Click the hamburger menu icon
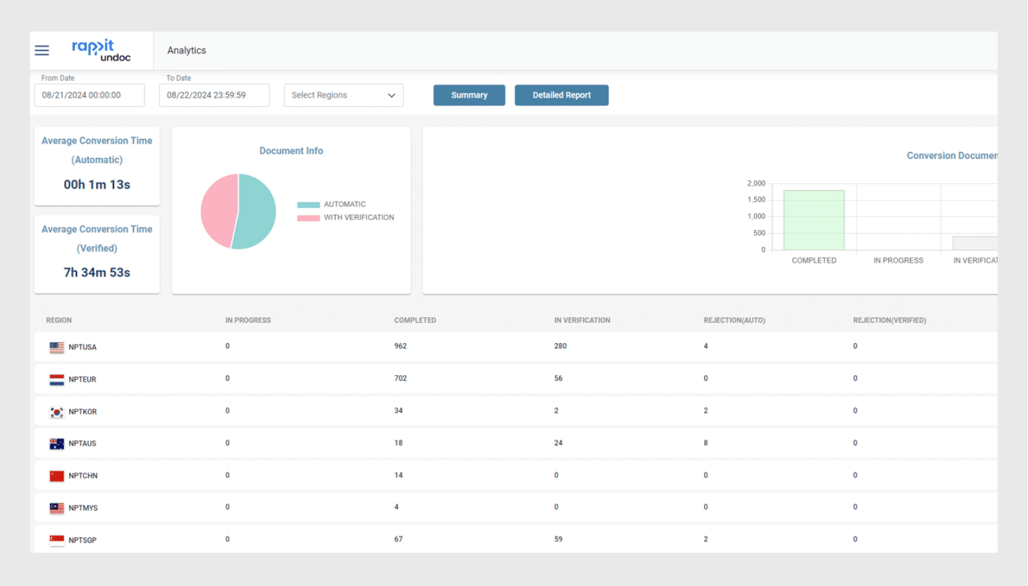point(42,51)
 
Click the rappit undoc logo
point(101,51)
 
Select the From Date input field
point(89,95)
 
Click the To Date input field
point(214,95)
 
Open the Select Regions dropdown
point(344,95)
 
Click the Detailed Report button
point(561,95)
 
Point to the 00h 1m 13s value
point(97,185)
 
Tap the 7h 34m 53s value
point(97,273)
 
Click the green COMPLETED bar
point(814,220)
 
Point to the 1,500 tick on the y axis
point(756,200)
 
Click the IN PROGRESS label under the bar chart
point(898,261)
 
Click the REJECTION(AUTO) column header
point(734,321)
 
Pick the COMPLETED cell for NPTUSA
point(401,346)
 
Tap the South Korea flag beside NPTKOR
point(57,412)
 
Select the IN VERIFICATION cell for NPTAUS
point(558,443)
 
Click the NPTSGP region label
point(83,540)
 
